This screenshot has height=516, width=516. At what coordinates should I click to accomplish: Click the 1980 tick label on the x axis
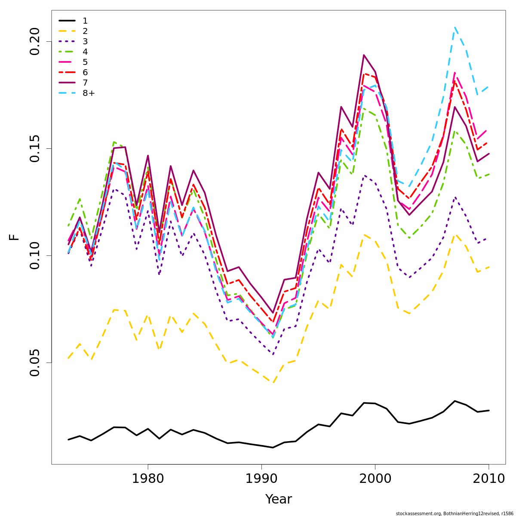click(x=148, y=479)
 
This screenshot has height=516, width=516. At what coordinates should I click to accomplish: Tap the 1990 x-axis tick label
click(x=261, y=479)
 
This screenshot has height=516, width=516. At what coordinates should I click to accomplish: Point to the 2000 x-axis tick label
click(x=375, y=479)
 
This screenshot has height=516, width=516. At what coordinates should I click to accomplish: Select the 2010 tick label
click(x=488, y=479)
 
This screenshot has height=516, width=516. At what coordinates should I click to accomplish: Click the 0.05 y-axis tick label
click(x=35, y=362)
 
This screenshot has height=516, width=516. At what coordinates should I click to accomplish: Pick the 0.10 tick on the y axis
click(x=35, y=255)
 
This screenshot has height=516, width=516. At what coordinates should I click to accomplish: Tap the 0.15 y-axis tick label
click(x=35, y=148)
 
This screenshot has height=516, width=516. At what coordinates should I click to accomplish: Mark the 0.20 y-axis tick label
click(x=35, y=41)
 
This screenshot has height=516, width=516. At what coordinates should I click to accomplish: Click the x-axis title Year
click(x=279, y=499)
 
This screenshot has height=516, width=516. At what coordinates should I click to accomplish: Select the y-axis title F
click(x=15, y=237)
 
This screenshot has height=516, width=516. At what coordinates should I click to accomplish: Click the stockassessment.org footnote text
click(x=455, y=513)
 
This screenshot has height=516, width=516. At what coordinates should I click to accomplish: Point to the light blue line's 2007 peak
click(x=455, y=27)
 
